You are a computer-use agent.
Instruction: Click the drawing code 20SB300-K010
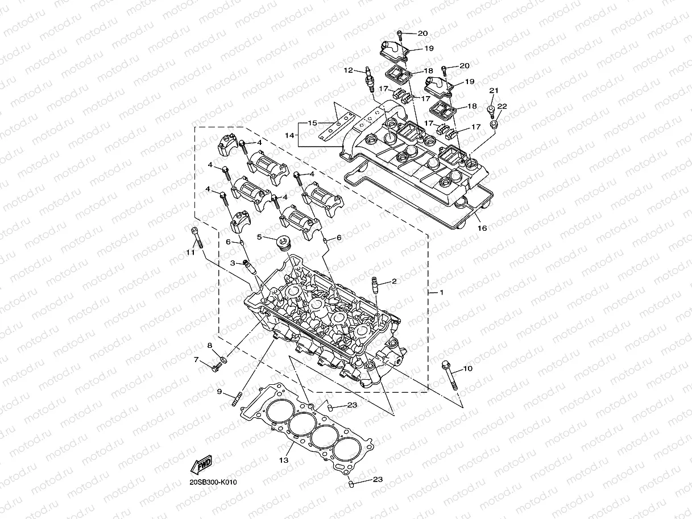[x=213, y=483]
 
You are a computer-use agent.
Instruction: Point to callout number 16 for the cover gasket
[x=482, y=228]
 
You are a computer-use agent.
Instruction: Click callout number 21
[x=494, y=91]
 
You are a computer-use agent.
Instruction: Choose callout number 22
[x=502, y=106]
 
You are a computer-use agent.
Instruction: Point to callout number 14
[x=305, y=136]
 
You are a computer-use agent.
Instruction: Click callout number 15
[x=312, y=123]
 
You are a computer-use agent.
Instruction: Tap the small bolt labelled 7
[x=216, y=368]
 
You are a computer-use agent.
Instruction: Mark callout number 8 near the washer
[x=209, y=345]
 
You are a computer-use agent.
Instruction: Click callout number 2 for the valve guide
[x=393, y=281]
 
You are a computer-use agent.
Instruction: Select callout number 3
[x=233, y=263]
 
